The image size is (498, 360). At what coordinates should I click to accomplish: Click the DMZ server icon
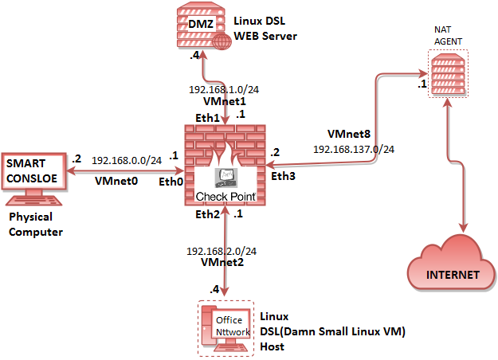(x=198, y=27)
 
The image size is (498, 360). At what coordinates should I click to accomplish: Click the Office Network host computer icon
(x=229, y=327)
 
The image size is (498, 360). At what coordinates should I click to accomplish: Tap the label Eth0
(x=171, y=182)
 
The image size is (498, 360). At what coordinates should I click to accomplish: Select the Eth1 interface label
(x=208, y=117)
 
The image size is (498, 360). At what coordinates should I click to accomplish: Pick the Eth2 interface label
(x=208, y=214)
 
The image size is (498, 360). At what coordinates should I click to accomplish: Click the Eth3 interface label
(x=282, y=175)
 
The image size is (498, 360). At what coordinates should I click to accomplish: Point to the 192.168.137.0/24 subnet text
(x=354, y=148)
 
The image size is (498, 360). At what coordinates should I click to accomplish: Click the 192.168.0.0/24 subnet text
(x=127, y=160)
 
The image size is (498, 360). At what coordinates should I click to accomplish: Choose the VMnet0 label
(x=116, y=182)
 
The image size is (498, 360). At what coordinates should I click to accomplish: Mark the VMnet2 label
(x=223, y=261)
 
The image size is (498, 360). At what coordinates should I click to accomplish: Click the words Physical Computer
(x=36, y=224)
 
